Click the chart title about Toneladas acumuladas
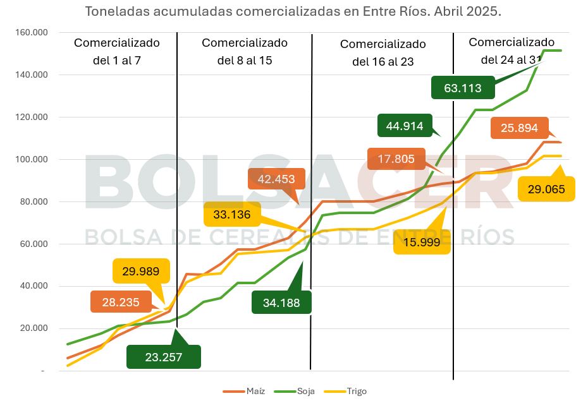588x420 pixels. [293, 12]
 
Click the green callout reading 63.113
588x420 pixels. [463, 88]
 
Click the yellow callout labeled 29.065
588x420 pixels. [546, 189]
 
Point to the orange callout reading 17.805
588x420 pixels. [396, 159]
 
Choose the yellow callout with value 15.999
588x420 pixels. [421, 242]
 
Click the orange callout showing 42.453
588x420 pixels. [276, 179]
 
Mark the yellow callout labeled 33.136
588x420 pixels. [232, 215]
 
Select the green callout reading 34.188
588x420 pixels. [281, 302]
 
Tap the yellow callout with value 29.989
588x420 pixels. [141, 271]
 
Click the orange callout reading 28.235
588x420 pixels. [121, 302]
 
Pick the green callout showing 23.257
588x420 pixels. [164, 357]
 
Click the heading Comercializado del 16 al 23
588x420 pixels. [383, 52]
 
